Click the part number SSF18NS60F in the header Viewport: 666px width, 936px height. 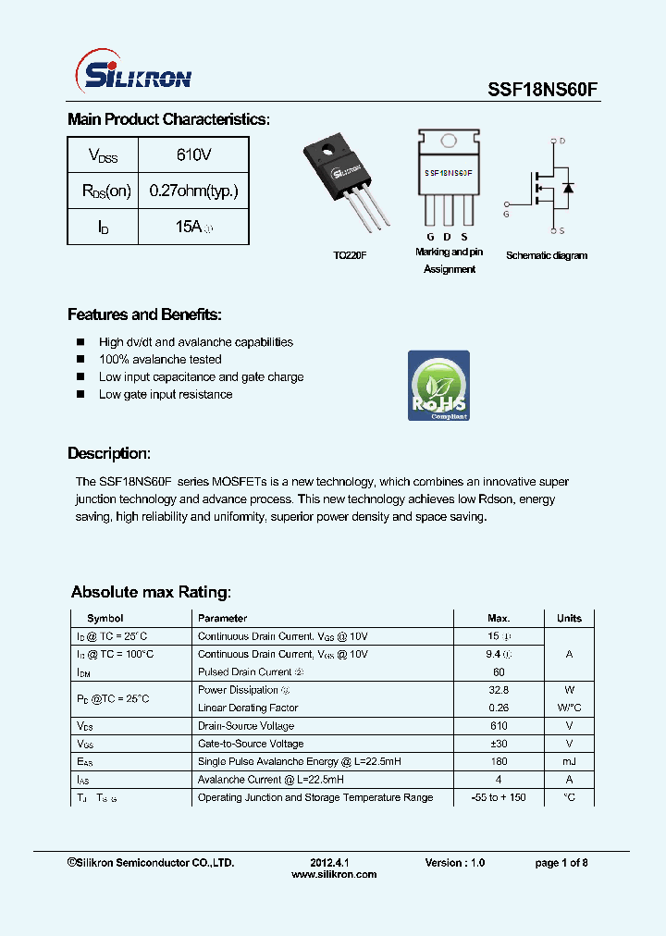click(543, 90)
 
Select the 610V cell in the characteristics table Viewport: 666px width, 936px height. click(193, 154)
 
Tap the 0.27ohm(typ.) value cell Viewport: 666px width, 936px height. click(193, 191)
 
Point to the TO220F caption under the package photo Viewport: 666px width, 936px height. click(351, 255)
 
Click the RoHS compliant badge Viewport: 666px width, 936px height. click(438, 386)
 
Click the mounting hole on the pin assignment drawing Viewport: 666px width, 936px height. click(449, 142)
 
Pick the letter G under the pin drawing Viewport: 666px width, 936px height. click(430, 238)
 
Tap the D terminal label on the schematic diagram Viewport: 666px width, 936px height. click(561, 142)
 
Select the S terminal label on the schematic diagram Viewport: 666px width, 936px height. click(561, 229)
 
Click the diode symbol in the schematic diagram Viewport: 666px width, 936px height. click(567, 188)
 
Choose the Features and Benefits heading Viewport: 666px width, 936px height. click(144, 314)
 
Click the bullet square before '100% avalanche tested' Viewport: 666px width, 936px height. click(80, 359)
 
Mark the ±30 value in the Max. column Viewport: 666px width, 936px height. click(499, 744)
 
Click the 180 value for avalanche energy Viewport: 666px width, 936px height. click(499, 761)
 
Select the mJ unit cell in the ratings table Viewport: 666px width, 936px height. click(569, 761)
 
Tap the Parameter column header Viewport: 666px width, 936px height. click(222, 618)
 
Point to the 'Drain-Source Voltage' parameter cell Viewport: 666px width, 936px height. click(246, 726)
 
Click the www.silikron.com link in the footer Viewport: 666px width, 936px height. click(334, 874)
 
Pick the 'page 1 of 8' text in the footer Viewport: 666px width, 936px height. click(561, 863)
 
